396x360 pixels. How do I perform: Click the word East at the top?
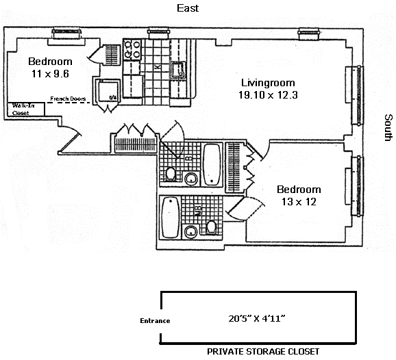pyautogui.click(x=188, y=8)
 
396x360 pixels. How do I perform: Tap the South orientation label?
pyautogui.click(x=388, y=127)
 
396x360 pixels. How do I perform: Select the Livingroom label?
pyautogui.click(x=268, y=83)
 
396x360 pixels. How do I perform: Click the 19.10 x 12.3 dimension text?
pyautogui.click(x=268, y=95)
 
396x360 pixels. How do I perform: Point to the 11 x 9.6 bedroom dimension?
pyautogui.click(x=50, y=74)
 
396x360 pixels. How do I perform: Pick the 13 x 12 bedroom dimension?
pyautogui.click(x=299, y=202)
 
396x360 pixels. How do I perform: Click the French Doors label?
pyautogui.click(x=68, y=99)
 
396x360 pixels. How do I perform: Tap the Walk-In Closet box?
pyautogui.click(x=26, y=110)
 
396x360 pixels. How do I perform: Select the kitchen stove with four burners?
pyautogui.click(x=132, y=49)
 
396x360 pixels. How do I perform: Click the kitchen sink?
pyautogui.click(x=179, y=70)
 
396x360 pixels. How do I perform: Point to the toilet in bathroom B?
pyautogui.click(x=171, y=174)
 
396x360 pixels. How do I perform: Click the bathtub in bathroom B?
pyautogui.click(x=212, y=164)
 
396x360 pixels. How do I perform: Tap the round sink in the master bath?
pyautogui.click(x=190, y=231)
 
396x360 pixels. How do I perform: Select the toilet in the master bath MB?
pyautogui.click(x=211, y=227)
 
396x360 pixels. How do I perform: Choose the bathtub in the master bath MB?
pyautogui.click(x=171, y=217)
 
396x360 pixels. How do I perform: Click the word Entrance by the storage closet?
pyautogui.click(x=155, y=320)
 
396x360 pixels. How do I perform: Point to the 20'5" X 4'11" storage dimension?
pyautogui.click(x=257, y=318)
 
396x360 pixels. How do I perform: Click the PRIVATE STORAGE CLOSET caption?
pyautogui.click(x=263, y=351)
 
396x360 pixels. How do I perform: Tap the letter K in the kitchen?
pyautogui.click(x=158, y=66)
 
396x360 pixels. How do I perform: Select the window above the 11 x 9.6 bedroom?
pyautogui.click(x=67, y=34)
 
